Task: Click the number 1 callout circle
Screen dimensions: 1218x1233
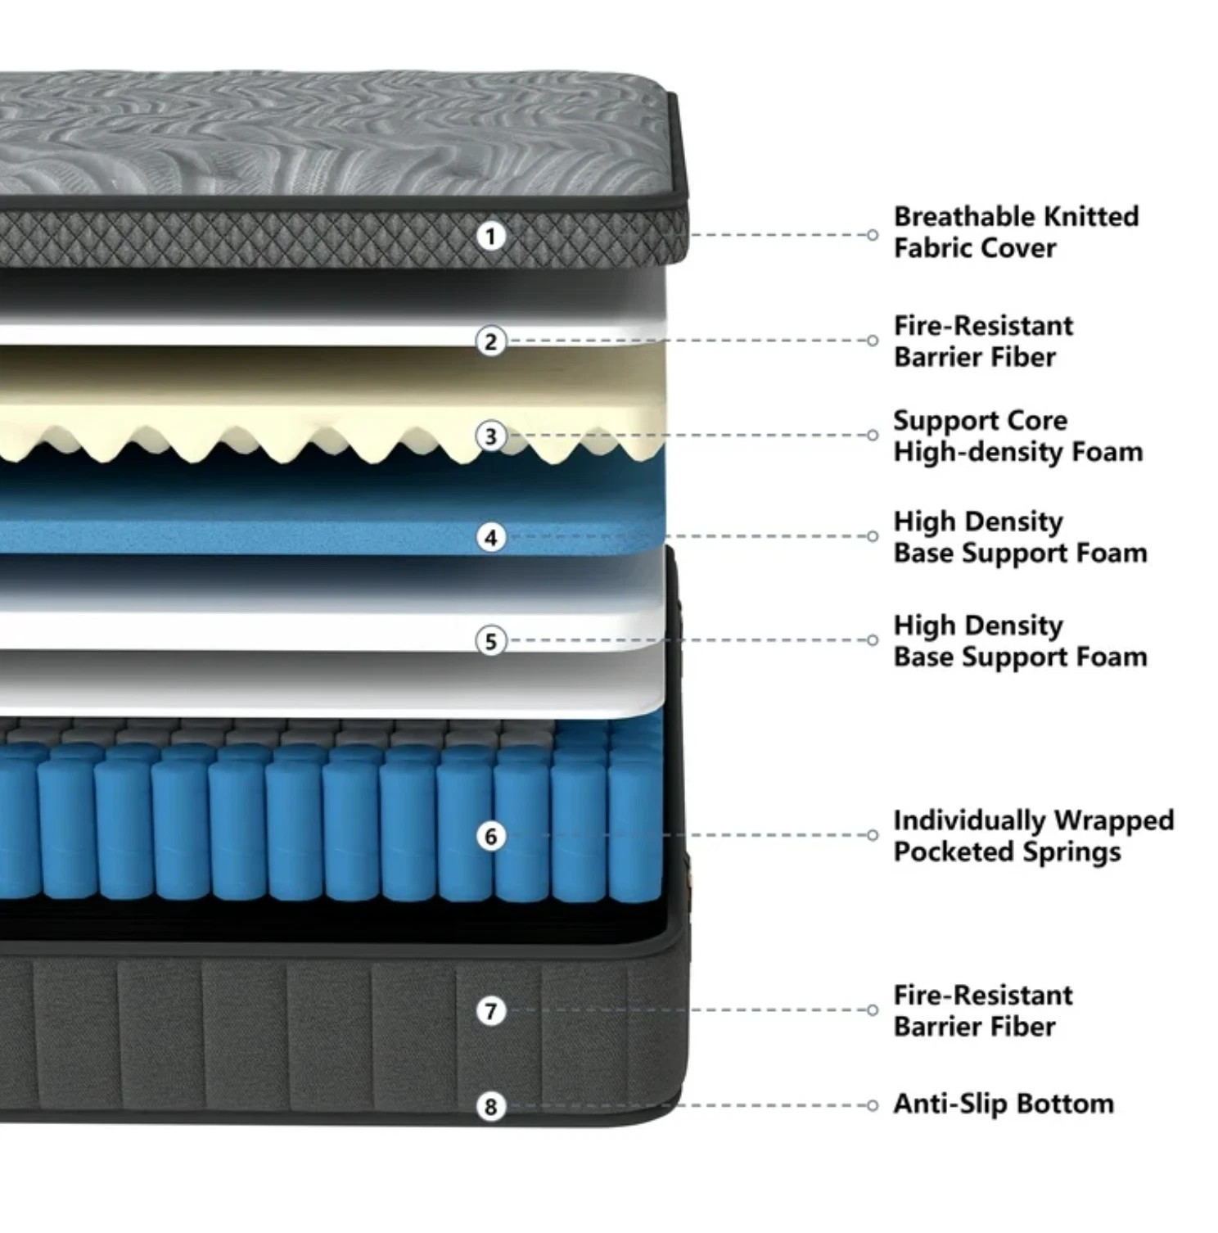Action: coord(490,237)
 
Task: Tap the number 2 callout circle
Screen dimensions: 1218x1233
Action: coord(490,341)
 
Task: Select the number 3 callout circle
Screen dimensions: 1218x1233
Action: coord(490,436)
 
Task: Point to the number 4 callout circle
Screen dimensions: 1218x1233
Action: coord(490,537)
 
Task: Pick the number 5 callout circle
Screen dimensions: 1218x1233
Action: coord(490,641)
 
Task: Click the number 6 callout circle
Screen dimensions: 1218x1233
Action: coord(490,836)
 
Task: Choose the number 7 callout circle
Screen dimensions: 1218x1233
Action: coord(490,1011)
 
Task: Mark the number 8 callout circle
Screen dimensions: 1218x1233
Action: coord(490,1107)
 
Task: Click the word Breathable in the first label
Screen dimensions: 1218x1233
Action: coord(954,216)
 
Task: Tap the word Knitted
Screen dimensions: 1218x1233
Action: coord(1080,216)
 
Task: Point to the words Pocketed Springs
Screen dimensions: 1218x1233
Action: coord(1007,853)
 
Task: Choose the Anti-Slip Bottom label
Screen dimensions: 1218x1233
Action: coord(1004,1104)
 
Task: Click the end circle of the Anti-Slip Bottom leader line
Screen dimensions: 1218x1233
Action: coord(873,1105)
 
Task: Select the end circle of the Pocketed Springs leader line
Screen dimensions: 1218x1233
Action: coord(873,835)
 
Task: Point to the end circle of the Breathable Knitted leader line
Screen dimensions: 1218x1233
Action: coord(873,235)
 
